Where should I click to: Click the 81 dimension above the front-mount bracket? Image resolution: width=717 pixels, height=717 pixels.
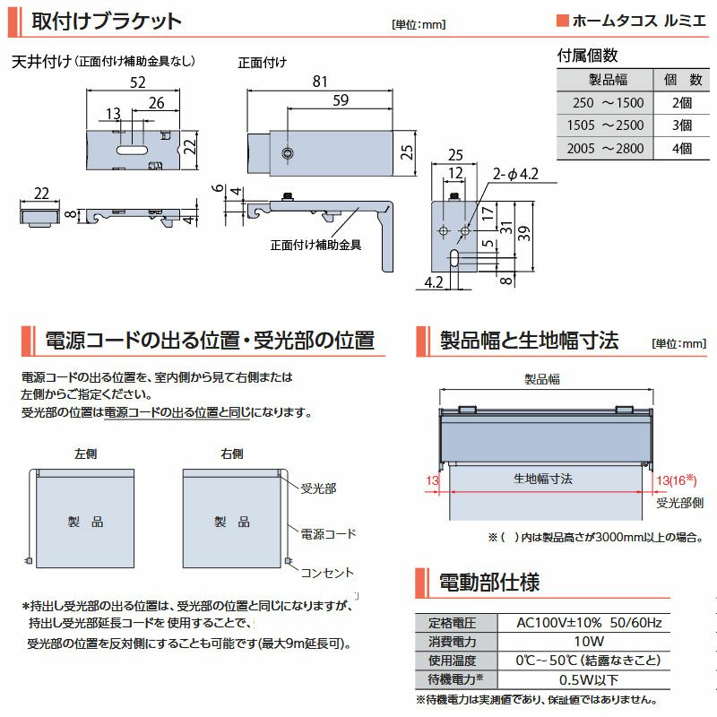coord(320,82)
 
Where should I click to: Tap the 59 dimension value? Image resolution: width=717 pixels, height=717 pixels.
coord(341,100)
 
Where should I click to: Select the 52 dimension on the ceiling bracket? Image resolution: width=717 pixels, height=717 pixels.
coord(138,82)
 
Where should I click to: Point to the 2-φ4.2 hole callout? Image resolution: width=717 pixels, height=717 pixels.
coord(515,174)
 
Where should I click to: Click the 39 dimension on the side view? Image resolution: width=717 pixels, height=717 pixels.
coord(524,234)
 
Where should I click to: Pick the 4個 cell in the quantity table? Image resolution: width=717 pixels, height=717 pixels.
coord(682,148)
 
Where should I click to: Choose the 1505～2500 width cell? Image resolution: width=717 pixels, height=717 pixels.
coord(605,125)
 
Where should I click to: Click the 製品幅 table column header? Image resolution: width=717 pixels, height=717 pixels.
coord(608,80)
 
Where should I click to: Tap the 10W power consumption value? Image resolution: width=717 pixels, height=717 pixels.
coord(589,641)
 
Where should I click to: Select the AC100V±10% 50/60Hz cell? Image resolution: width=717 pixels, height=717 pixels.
coord(589,622)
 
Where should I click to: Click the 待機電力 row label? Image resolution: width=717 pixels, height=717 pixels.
coord(455,679)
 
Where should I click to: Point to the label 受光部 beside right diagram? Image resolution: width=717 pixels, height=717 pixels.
coord(318,488)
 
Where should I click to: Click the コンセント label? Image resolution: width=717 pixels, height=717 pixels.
coord(327,573)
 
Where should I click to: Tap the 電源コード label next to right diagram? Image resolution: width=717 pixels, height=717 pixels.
coord(328,533)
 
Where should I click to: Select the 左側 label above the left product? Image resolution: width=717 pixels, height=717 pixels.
coord(85,454)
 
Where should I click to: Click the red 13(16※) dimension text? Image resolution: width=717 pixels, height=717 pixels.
coord(677,480)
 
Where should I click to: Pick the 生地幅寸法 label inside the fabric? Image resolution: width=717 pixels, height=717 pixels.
coord(543,479)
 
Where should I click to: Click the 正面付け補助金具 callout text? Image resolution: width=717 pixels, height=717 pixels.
coord(315,245)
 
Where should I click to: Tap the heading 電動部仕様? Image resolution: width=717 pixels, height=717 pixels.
coord(489,582)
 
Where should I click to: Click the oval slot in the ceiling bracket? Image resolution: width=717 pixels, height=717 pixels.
coord(132,150)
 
